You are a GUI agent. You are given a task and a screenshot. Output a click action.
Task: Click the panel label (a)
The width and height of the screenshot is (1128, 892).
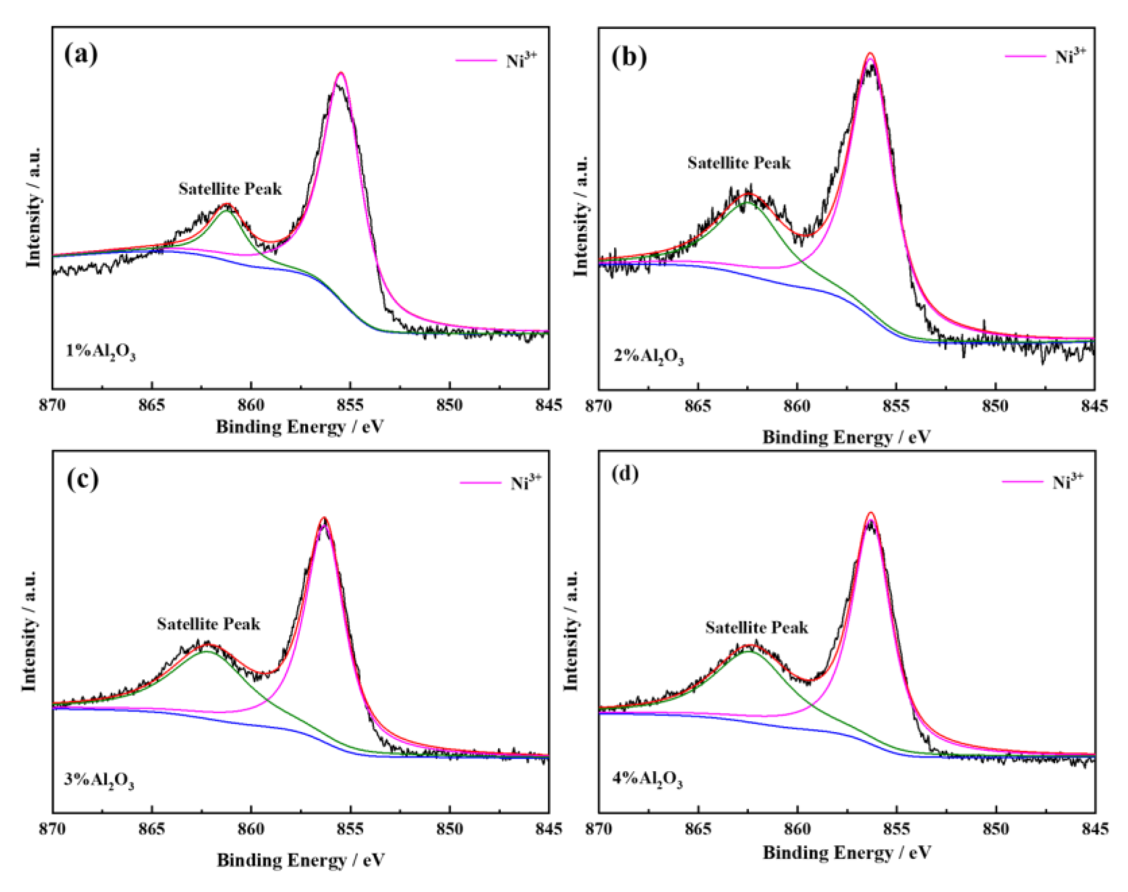[x=81, y=54]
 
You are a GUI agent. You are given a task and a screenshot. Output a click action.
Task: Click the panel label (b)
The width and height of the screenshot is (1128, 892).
[x=629, y=57]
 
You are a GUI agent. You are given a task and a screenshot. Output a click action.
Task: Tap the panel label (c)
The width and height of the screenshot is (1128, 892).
[x=83, y=479]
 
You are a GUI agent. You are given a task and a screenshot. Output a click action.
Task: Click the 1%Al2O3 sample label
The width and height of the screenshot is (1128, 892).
[x=100, y=353]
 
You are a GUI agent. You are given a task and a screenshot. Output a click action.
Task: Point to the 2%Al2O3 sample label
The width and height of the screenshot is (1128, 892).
[x=648, y=357]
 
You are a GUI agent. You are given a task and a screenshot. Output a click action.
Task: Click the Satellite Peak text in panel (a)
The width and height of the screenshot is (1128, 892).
[x=230, y=189]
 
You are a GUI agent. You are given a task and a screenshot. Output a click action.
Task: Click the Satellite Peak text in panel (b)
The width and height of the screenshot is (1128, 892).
[x=739, y=163]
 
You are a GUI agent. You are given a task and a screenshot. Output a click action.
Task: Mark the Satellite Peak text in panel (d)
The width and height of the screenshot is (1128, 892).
[x=756, y=627]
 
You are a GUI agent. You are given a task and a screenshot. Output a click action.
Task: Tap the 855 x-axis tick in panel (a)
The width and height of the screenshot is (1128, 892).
[x=351, y=405]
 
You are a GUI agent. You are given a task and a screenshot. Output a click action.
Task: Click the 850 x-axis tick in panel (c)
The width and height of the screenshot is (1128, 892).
[x=450, y=829]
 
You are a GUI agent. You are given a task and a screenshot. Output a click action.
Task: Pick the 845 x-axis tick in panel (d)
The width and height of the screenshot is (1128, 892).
[x=1095, y=829]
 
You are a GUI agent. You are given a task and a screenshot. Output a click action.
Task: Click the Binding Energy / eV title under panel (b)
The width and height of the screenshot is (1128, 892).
[x=846, y=437]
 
